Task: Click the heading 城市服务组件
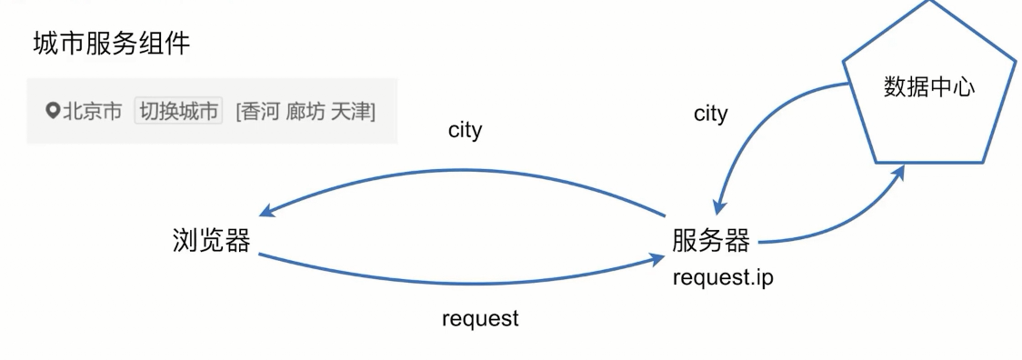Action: pyautogui.click(x=112, y=44)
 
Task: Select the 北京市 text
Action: pyautogui.click(x=93, y=111)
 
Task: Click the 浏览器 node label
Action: pyautogui.click(x=211, y=241)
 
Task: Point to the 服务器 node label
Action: pyautogui.click(x=711, y=241)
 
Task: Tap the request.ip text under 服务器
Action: pyautogui.click(x=723, y=277)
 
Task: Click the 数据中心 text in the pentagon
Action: pyautogui.click(x=928, y=86)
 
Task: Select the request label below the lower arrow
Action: pyautogui.click(x=480, y=319)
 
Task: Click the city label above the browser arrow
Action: pyautogui.click(x=465, y=131)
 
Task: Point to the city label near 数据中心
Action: pyautogui.click(x=710, y=114)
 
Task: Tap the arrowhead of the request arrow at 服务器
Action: pyautogui.click(x=658, y=260)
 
